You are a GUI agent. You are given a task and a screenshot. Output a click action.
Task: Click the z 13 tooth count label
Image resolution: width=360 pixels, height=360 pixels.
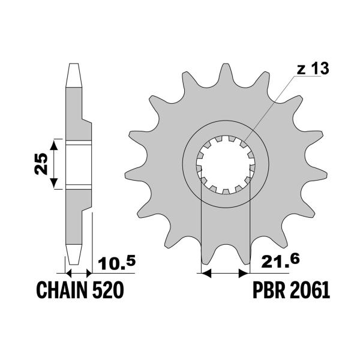point(312,70)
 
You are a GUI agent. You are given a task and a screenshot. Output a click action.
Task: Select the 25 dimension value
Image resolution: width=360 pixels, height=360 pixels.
point(41,164)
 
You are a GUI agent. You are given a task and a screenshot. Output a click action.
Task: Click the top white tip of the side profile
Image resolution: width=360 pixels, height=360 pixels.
point(74,74)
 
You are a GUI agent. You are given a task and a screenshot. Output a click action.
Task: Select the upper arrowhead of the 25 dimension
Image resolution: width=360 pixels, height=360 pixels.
point(55,144)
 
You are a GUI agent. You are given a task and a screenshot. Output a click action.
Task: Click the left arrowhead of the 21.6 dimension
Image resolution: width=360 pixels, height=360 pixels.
point(203,273)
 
